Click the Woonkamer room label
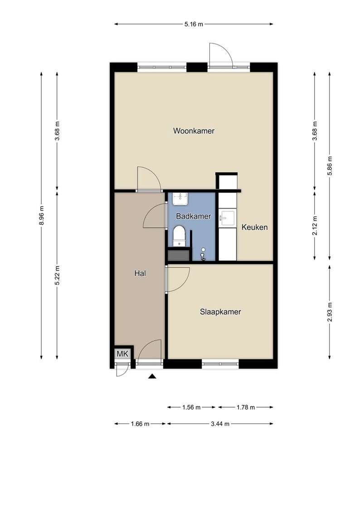coord(194,131)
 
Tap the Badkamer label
coord(194,216)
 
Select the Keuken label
coord(254,227)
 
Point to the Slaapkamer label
coord(220,312)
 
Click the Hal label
coord(140,274)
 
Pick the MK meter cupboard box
coord(123,354)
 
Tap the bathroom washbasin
coord(180,199)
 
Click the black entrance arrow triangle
coord(152,377)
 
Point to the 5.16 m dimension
coord(194,24)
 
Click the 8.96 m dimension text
coord(41,216)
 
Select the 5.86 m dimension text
coord(330,166)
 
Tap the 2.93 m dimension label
coord(330,312)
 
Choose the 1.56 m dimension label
coord(191,407)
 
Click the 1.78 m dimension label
coord(246,407)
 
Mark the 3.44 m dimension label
coord(220,424)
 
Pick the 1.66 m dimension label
coord(140,424)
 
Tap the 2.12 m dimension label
coord(314,226)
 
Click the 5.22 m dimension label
coord(57,275)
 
